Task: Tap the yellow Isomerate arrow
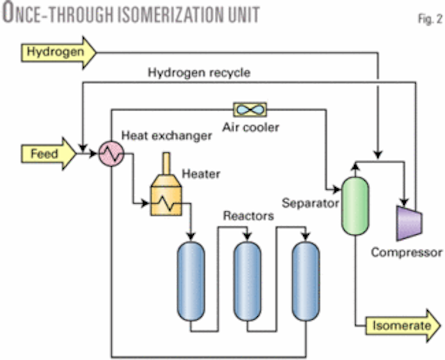pyautogui.click(x=401, y=325)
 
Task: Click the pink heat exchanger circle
pyautogui.click(x=111, y=154)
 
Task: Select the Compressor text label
pyautogui.click(x=407, y=252)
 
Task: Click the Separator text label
pyautogui.click(x=310, y=204)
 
